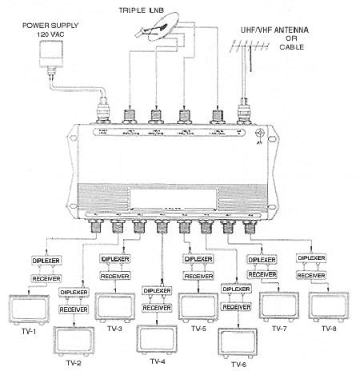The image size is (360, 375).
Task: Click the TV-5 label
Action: pyautogui.click(x=197, y=329)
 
